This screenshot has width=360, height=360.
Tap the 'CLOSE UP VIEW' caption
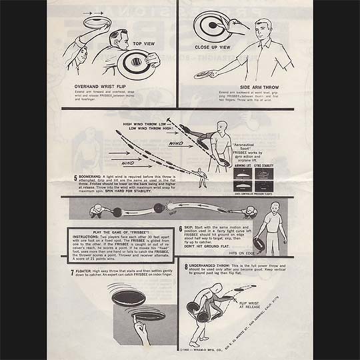212,48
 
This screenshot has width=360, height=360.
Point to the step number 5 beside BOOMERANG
75,179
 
